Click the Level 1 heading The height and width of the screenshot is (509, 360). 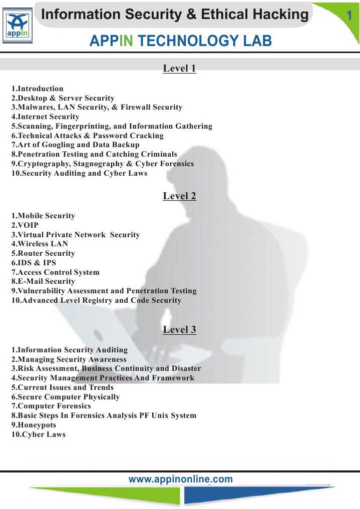point(179,69)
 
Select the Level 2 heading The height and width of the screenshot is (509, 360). point(179,196)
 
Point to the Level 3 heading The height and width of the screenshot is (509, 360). point(179,330)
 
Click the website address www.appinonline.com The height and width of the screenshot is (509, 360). point(181,479)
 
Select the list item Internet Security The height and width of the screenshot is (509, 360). point(45,117)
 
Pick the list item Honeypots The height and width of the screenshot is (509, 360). point(34,425)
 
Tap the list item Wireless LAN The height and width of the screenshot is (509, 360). point(40,244)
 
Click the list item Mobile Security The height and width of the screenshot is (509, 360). point(43,216)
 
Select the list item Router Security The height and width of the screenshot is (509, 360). point(43,253)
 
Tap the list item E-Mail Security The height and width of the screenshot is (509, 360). point(43,281)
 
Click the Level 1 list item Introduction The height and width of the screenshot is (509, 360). point(38,89)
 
